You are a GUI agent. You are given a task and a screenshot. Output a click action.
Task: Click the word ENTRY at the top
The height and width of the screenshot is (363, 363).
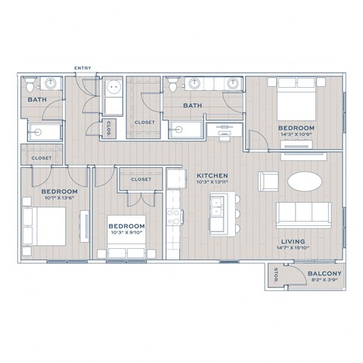click(82, 69)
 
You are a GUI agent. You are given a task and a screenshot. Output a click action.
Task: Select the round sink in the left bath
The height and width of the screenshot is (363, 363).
click(51, 83)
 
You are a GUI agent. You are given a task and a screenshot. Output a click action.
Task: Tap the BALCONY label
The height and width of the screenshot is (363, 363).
click(324, 273)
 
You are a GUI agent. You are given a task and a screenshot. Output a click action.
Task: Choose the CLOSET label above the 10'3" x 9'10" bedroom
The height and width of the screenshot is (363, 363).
click(141, 179)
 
